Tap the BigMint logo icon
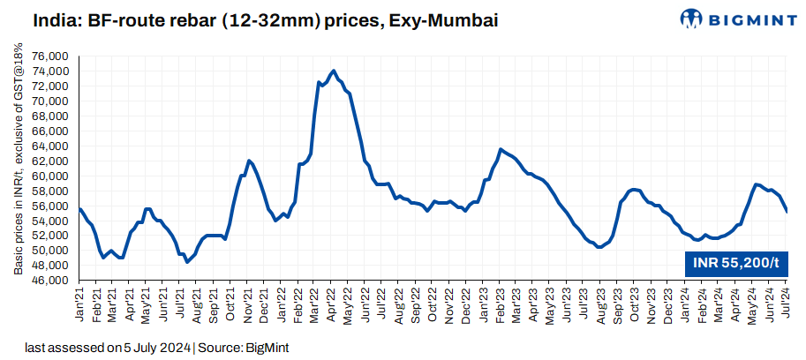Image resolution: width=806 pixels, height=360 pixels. coord(693,19)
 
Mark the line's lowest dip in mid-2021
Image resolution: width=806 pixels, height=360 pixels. coord(187,262)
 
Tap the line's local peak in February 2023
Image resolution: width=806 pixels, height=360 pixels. coord(501,149)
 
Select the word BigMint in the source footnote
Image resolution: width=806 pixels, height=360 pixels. coord(267,349)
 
